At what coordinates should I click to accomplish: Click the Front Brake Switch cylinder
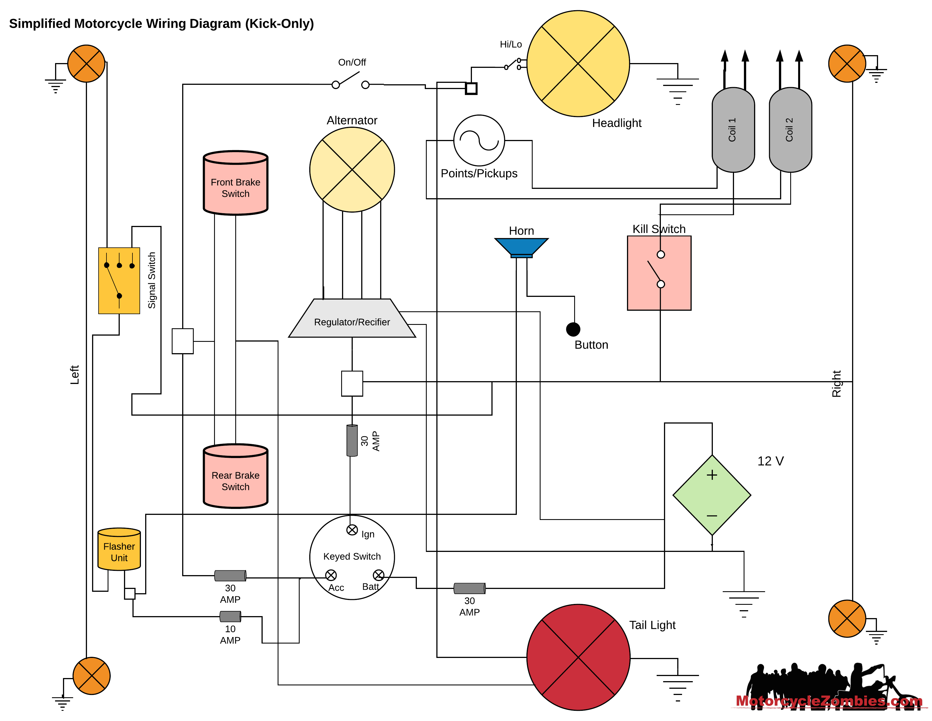click(x=235, y=184)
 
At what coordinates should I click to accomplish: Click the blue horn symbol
click(x=521, y=247)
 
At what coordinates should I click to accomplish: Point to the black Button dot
click(x=573, y=329)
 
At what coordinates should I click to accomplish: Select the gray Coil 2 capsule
click(x=790, y=130)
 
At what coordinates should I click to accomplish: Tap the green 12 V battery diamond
click(x=711, y=495)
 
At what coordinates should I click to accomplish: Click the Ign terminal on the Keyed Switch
click(x=352, y=530)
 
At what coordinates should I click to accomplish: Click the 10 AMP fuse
click(x=230, y=616)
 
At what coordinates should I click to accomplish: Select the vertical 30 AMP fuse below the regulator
click(x=352, y=440)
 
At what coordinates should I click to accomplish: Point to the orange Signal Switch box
click(x=119, y=281)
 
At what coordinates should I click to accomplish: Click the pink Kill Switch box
click(x=659, y=273)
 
